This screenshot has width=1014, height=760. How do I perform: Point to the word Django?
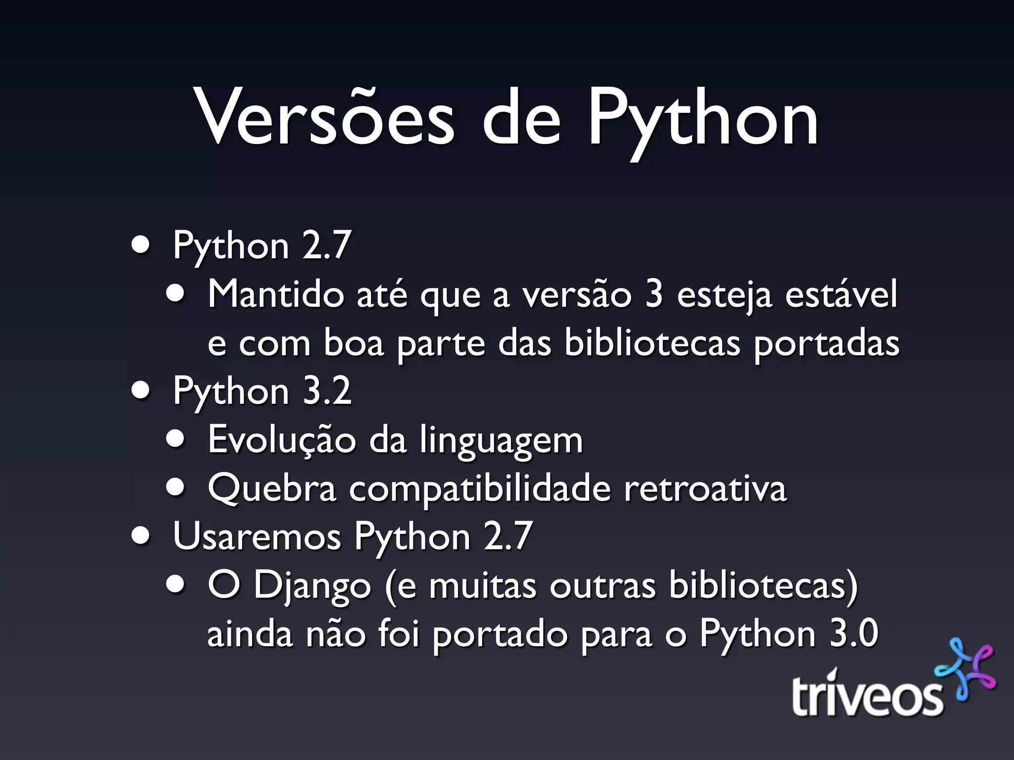[312, 586]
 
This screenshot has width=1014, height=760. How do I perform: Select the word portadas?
[826, 344]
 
